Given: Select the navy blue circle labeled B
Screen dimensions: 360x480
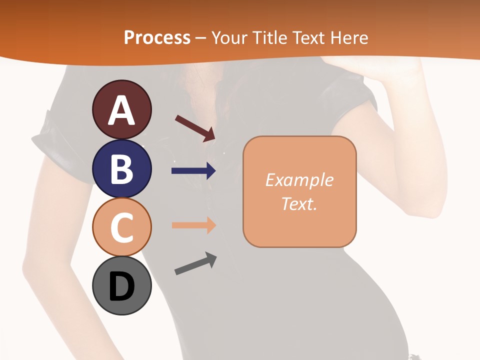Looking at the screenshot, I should click(x=121, y=168).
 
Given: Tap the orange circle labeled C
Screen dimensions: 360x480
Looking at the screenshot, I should click(x=121, y=226).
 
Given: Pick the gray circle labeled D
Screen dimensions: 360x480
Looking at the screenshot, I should click(x=121, y=285).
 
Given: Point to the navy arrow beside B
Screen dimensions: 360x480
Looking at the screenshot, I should click(x=193, y=171).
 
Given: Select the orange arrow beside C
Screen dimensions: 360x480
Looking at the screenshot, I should click(x=193, y=225).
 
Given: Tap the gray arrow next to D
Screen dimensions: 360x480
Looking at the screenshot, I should click(x=195, y=264).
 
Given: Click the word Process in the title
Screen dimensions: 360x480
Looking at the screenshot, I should click(x=157, y=37).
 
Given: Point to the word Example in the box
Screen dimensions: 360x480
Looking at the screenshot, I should click(x=299, y=180).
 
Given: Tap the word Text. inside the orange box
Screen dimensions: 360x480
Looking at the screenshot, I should click(x=299, y=204).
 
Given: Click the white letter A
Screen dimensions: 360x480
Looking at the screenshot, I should click(x=121, y=110).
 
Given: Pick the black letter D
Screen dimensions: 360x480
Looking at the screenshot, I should click(x=121, y=287).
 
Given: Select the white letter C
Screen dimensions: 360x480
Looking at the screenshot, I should click(x=121, y=227).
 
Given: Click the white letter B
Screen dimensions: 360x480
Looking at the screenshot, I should click(x=121, y=169).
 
